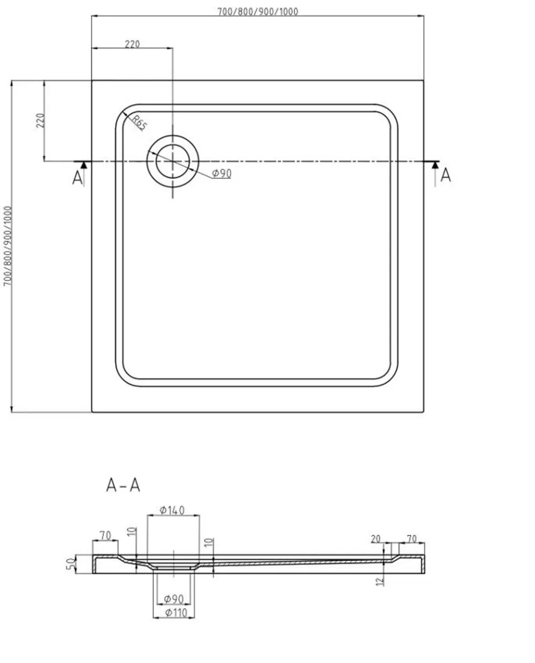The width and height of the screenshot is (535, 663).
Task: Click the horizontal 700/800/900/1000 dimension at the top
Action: tap(257, 12)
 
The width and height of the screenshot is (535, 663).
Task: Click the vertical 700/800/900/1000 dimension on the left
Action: tap(7, 246)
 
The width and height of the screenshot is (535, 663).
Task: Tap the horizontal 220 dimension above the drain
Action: tap(132, 44)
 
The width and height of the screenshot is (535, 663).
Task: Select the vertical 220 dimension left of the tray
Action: tap(40, 120)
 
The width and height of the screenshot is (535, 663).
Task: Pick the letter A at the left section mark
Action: tap(78, 178)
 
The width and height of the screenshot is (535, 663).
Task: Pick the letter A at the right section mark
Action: tap(445, 175)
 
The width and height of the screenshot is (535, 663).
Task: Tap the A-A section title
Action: tap(123, 485)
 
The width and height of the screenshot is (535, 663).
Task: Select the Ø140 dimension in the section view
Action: tap(172, 510)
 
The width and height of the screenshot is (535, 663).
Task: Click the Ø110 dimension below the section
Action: tap(172, 612)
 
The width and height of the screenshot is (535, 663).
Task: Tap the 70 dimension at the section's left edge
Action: tap(105, 535)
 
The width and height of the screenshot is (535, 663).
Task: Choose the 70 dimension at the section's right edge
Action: tap(412, 538)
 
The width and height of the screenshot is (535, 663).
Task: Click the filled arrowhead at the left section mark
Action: tap(83, 165)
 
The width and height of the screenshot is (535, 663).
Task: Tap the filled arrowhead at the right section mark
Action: tap(435, 165)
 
